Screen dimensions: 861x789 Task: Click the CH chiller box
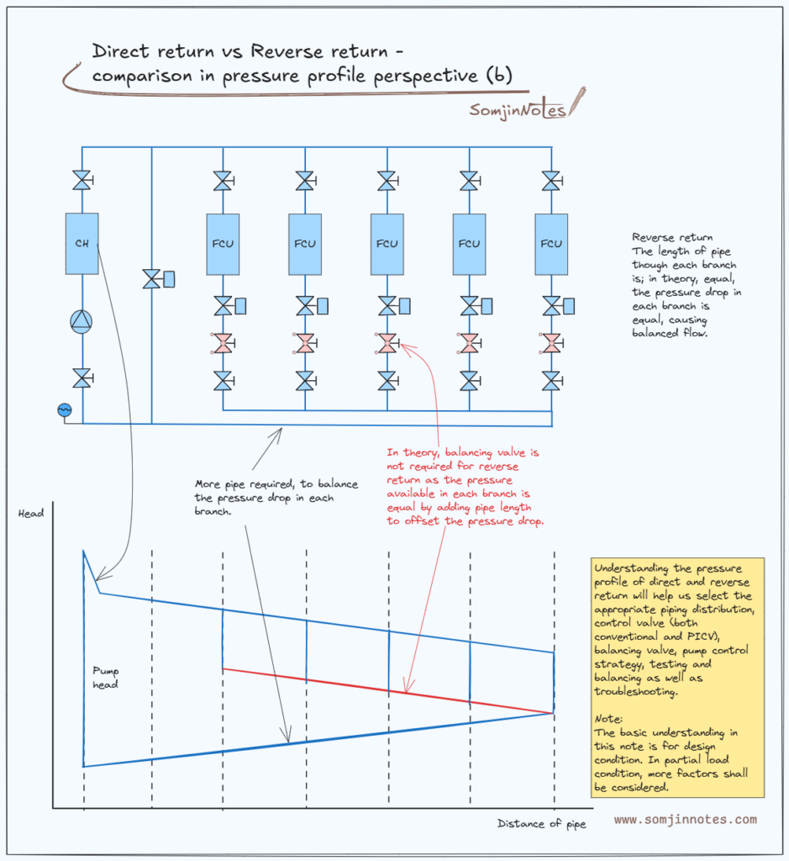click(x=82, y=243)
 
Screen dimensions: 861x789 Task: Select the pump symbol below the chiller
click(x=82, y=322)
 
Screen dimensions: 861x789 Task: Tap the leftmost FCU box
click(x=223, y=244)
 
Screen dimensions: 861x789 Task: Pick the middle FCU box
click(x=387, y=244)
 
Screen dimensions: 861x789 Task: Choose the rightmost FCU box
click(x=551, y=244)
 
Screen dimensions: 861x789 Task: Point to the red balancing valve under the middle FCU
click(x=387, y=343)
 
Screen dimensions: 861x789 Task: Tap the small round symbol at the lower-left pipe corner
click(x=64, y=409)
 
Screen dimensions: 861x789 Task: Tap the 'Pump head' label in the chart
click(x=106, y=678)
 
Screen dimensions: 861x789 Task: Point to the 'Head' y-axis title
click(x=30, y=513)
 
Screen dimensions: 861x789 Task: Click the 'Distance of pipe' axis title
click(x=541, y=823)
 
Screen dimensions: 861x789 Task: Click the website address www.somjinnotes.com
click(x=685, y=819)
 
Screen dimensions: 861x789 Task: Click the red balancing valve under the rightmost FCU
click(x=551, y=343)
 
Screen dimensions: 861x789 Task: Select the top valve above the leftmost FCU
click(x=223, y=181)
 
